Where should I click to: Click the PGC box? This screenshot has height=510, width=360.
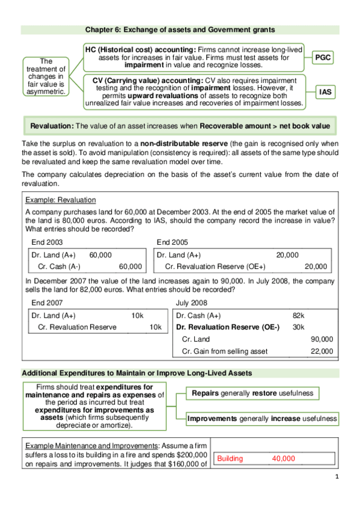[x=324, y=58]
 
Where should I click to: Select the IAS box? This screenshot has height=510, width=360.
[x=324, y=92]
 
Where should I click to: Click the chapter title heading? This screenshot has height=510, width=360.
[x=180, y=29]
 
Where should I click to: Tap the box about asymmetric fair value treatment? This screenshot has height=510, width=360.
[x=46, y=76]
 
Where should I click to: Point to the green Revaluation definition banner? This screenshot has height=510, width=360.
[x=180, y=127]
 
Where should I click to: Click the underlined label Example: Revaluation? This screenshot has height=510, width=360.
[x=60, y=200]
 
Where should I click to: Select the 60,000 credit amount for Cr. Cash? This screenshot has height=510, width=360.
[x=130, y=266]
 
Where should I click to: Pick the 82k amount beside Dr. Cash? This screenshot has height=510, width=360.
[x=298, y=315]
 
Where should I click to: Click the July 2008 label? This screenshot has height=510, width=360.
[x=191, y=303]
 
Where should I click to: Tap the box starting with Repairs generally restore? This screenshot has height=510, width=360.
[x=252, y=393]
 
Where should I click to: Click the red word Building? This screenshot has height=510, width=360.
[x=230, y=458]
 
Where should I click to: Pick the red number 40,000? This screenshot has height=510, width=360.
[x=283, y=458]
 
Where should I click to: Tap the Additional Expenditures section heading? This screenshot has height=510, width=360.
[x=136, y=373]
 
